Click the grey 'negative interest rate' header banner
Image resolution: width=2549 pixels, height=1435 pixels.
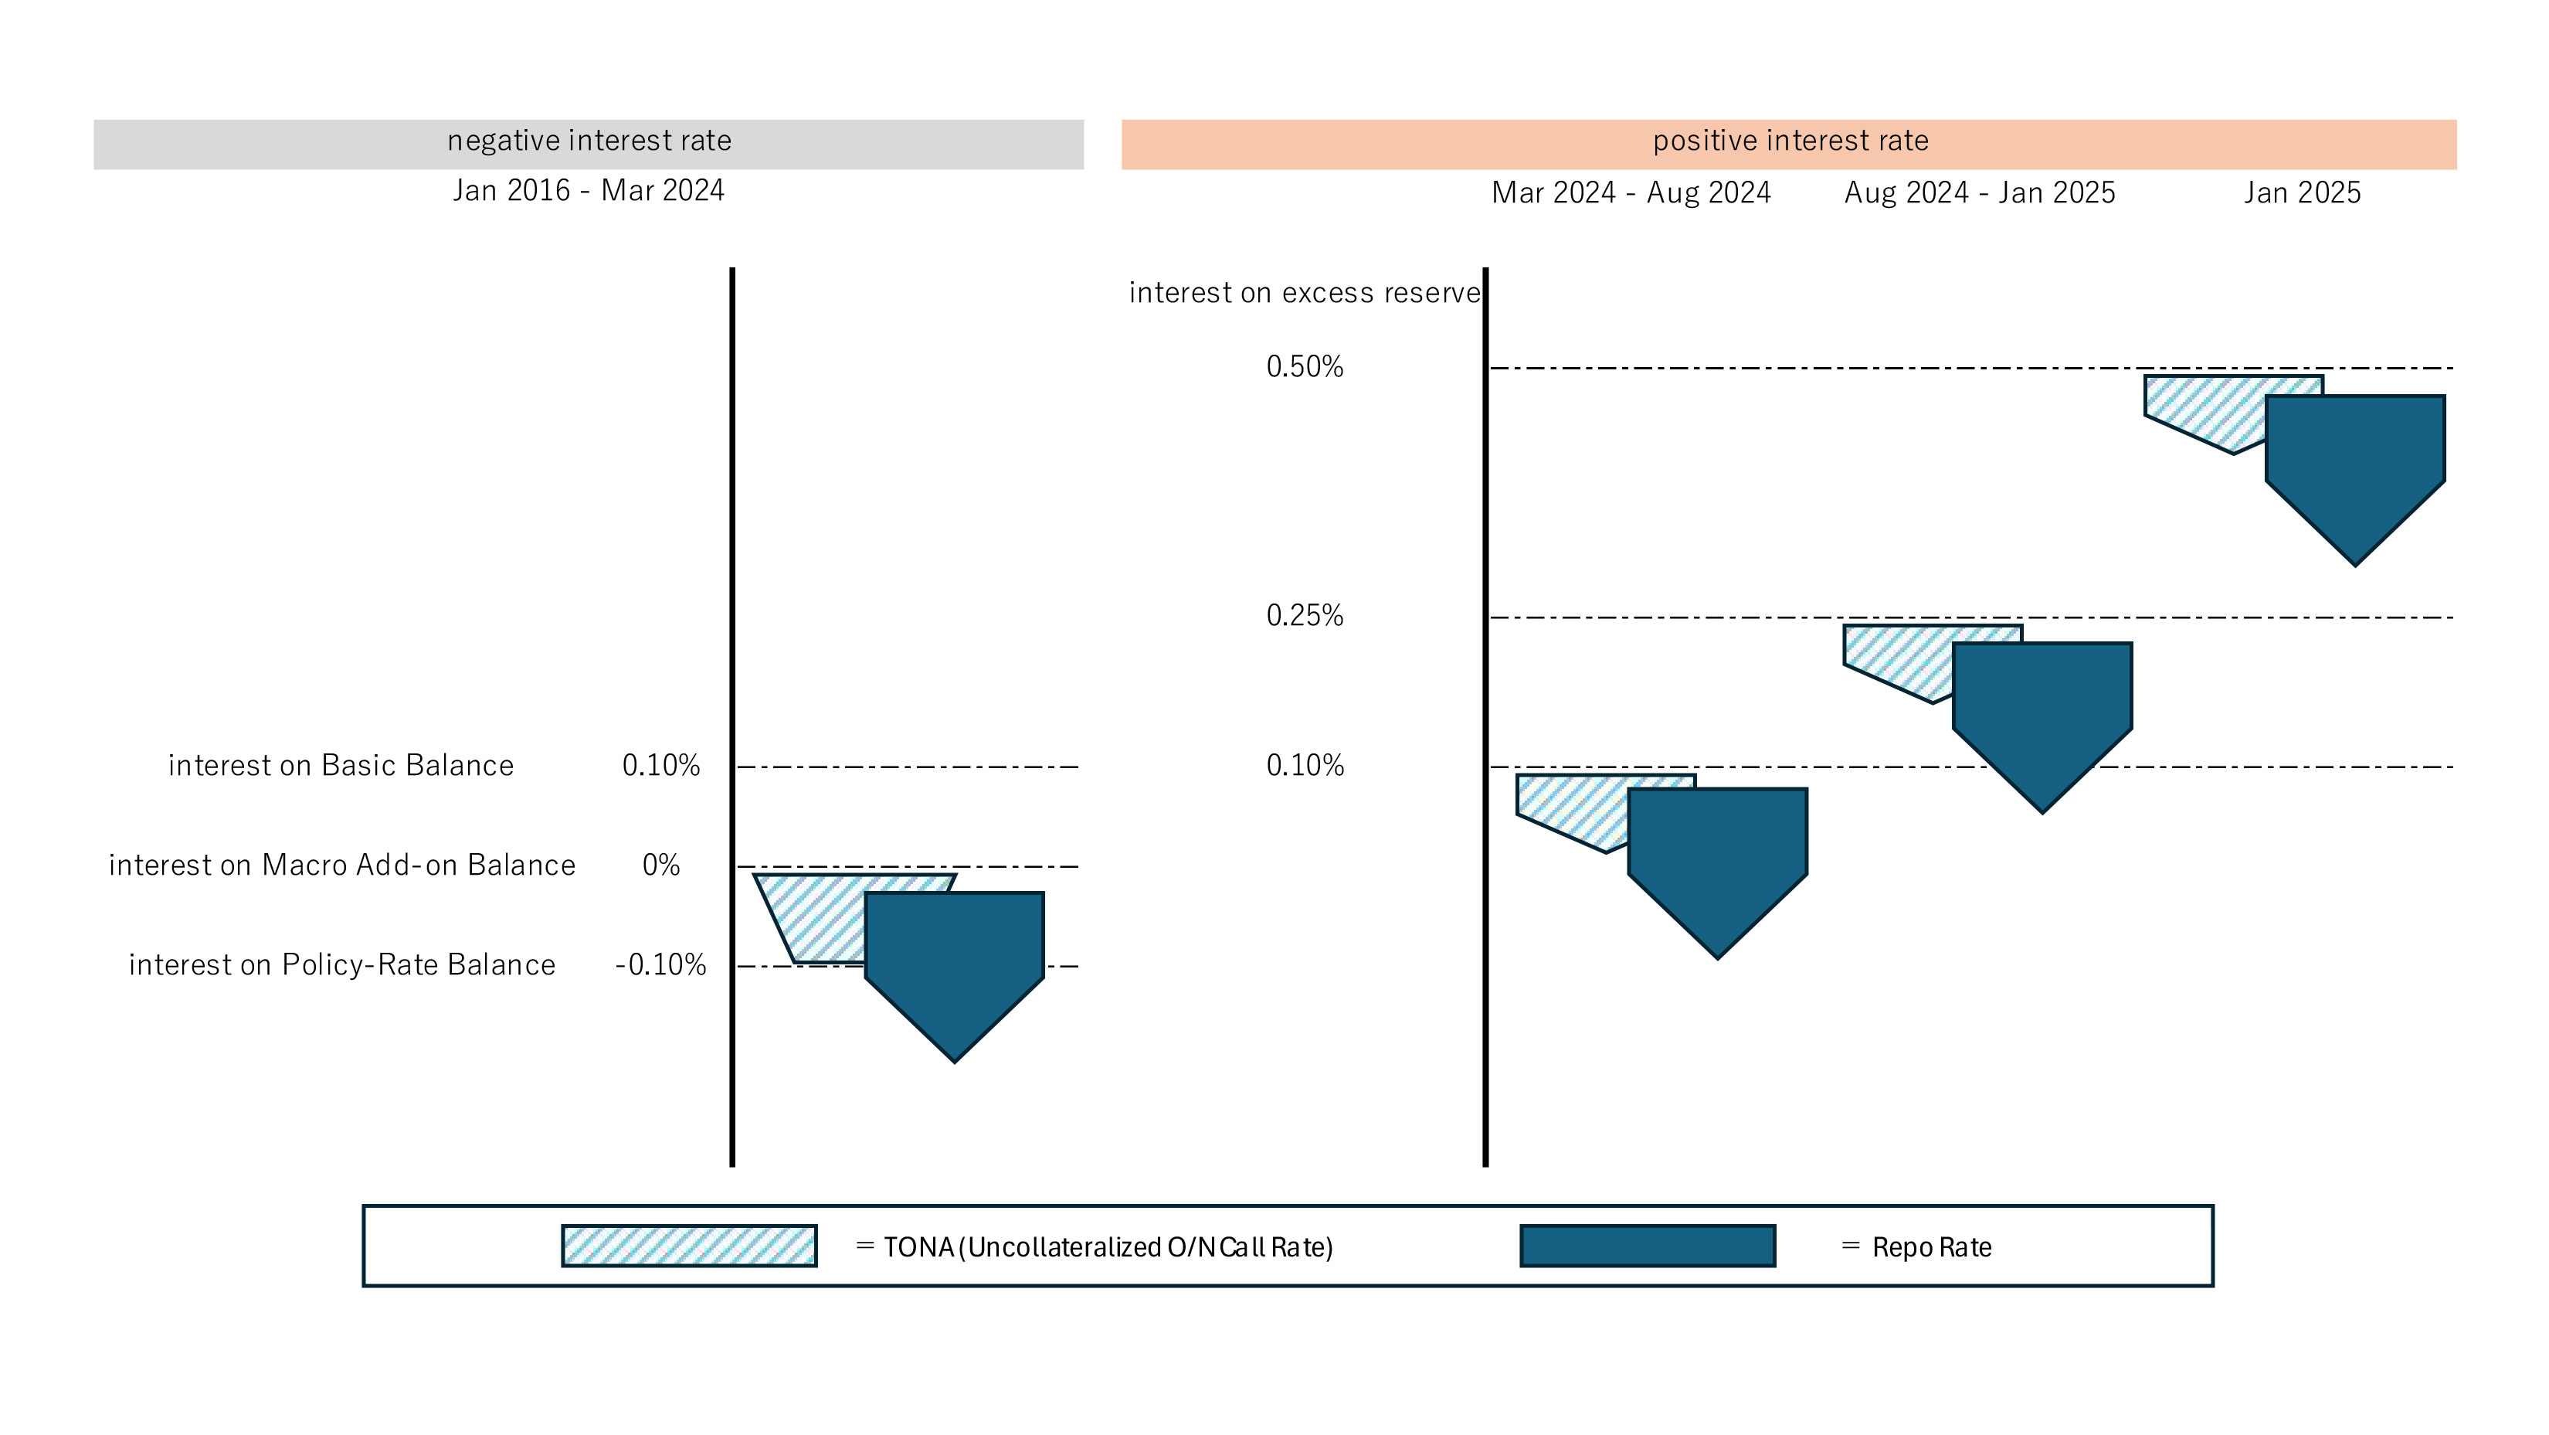(588, 145)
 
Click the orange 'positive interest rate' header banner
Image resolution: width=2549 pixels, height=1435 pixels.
(1788, 145)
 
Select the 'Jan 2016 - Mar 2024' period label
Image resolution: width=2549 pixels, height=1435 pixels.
(588, 190)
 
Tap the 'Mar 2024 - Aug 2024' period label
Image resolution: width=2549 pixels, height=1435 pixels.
(1630, 193)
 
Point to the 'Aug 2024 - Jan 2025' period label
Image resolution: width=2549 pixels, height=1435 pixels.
(1978, 193)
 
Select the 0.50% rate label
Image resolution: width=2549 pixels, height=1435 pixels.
(1304, 367)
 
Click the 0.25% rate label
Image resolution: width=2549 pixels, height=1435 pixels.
(1304, 616)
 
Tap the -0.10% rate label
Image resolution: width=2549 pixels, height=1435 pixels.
(660, 965)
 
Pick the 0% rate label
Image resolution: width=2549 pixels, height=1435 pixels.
(660, 865)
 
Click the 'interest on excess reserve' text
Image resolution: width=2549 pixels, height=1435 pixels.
(1303, 293)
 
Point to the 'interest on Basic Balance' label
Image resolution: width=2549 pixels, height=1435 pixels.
(341, 765)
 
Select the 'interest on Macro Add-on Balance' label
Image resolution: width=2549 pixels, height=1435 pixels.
(341, 865)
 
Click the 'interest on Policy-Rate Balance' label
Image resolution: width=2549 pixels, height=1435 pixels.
(341, 965)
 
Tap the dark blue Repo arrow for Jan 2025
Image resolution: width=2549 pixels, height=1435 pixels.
(2354, 465)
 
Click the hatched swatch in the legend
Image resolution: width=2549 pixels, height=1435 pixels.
(689, 1246)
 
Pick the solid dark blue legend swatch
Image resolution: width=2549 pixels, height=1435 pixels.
(1647, 1246)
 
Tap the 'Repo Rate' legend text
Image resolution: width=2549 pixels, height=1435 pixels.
(1930, 1247)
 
